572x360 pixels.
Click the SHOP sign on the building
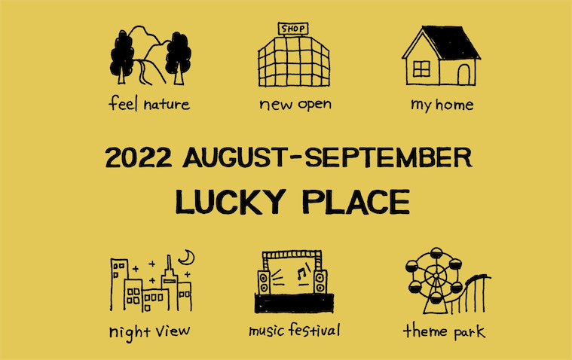click(x=293, y=29)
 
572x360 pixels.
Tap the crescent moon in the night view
click(x=188, y=258)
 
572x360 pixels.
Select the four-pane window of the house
click(x=421, y=69)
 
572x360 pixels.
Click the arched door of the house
click(x=463, y=75)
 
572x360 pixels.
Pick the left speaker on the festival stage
click(x=264, y=282)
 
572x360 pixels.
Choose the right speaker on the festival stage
click(x=320, y=282)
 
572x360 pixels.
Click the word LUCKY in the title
click(x=231, y=202)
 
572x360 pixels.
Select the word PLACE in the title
click(x=356, y=202)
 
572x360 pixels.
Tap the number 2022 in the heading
click(x=138, y=157)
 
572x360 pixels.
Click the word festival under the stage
click(x=314, y=330)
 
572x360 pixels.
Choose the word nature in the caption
click(x=167, y=105)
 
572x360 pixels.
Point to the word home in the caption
click(x=454, y=105)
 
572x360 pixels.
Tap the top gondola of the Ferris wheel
click(x=436, y=253)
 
